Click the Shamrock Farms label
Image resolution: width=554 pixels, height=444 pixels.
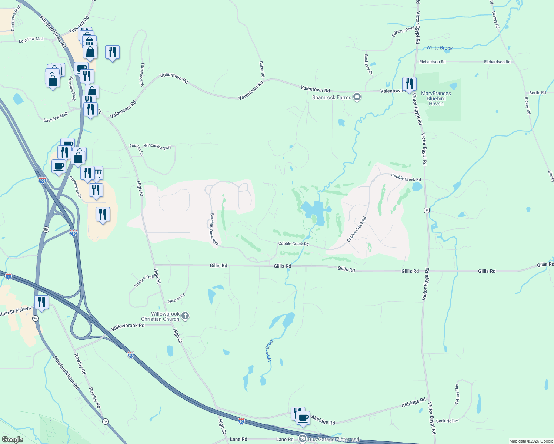coord(331,97)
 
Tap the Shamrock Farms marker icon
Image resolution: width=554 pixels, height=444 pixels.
coord(357,97)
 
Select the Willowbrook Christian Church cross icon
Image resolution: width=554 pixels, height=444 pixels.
coord(186,316)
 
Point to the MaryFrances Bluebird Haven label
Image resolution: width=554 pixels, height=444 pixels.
coord(436,99)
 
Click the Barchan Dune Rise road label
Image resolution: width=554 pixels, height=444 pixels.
coord(214,229)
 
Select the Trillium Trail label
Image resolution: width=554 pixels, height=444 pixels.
coord(144,282)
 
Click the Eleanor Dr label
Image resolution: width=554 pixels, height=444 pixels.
coord(176,299)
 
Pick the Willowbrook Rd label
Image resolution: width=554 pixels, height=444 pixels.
coord(128,326)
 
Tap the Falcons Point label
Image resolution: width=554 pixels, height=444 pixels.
coord(403,31)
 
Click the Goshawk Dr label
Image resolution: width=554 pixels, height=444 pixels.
coord(368,64)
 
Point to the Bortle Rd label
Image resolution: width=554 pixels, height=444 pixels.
coord(537,93)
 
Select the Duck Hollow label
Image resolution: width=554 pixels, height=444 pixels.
coord(447,421)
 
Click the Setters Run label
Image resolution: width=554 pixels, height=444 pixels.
coord(457,394)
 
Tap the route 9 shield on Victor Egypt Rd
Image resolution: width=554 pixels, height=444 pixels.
coord(427,210)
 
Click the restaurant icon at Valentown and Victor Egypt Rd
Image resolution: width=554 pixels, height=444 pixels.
coord(409,84)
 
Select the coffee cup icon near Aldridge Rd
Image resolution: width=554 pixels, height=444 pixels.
coord(303,418)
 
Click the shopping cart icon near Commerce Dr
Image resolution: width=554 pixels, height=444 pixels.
coord(98,173)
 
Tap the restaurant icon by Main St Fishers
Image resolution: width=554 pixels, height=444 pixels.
coord(41,302)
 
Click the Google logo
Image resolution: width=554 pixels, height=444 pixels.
coord(12,440)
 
